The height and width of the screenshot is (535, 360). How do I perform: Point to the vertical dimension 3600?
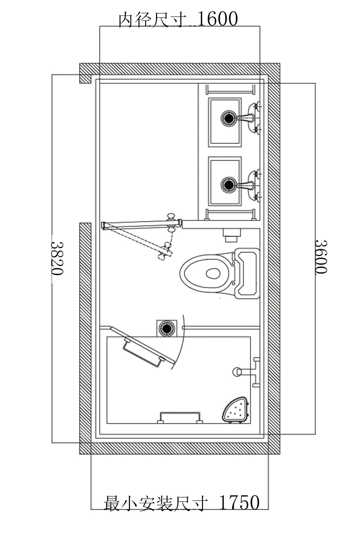pyautogui.click(x=321, y=257)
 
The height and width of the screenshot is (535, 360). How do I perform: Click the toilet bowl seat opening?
pyautogui.click(x=213, y=273)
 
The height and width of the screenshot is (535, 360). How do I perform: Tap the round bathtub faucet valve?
pyautogui.click(x=237, y=371)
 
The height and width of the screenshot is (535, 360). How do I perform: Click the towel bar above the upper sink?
pyautogui.click(x=230, y=90)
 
